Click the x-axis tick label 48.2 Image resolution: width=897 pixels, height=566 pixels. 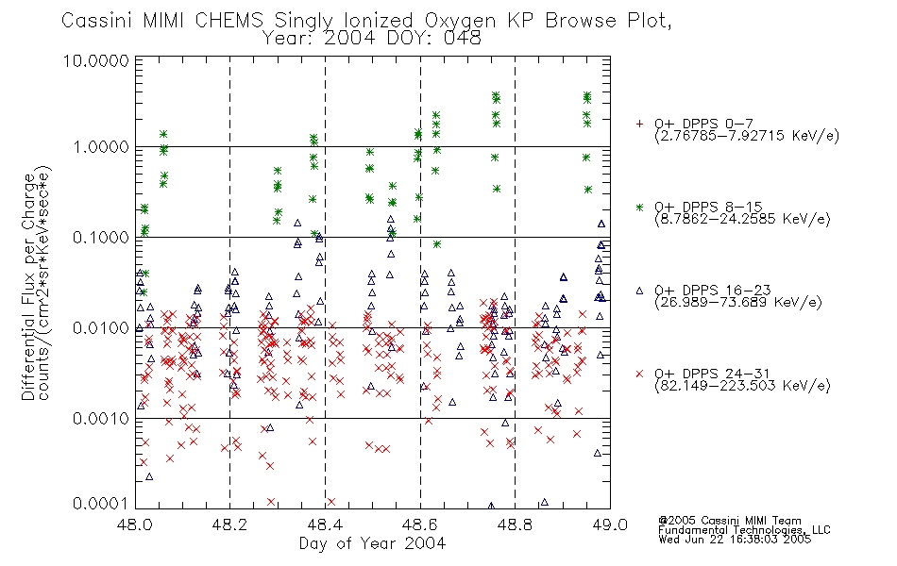tap(230, 524)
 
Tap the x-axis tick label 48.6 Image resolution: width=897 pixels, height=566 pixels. tap(420, 524)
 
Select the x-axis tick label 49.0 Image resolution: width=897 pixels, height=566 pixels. tap(610, 524)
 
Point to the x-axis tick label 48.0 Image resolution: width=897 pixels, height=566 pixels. tap(135, 524)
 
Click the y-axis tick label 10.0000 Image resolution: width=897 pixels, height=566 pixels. tap(96, 60)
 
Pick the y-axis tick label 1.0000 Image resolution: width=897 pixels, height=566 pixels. tap(101, 147)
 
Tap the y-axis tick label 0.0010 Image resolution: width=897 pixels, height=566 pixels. tap(101, 419)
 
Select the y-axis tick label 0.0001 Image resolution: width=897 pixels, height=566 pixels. tap(101, 503)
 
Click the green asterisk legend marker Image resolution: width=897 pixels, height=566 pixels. tap(639, 207)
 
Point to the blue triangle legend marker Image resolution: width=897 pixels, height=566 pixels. tap(639, 291)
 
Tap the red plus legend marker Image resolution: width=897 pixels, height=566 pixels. tap(639, 124)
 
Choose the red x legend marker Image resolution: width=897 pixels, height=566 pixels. tap(639, 374)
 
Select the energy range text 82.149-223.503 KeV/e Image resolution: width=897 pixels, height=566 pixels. tap(742, 386)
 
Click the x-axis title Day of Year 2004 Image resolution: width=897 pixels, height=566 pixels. tap(372, 543)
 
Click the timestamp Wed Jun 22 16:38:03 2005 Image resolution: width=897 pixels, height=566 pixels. tap(735, 539)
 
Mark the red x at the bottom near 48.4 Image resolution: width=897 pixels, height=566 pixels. tap(330, 502)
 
